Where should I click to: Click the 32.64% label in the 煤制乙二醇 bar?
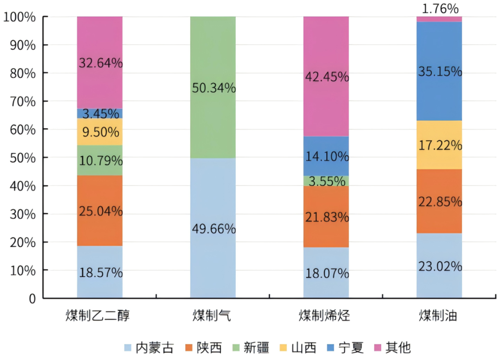tap(100, 63)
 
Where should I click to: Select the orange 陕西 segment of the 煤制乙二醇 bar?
tap(100, 210)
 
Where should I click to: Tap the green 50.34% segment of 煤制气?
tap(213, 87)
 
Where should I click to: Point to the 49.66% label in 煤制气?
tap(213, 229)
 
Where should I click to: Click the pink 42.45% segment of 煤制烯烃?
tap(326, 77)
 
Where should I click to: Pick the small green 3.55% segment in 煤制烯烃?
tap(326, 181)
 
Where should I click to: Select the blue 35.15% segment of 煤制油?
tap(439, 72)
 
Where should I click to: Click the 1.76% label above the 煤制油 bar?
tap(439, 8)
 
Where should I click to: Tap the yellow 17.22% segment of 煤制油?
tap(439, 145)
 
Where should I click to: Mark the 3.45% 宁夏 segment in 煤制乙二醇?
tap(100, 113)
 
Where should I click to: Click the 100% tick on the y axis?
tap(20, 17)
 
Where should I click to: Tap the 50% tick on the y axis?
tap(22, 158)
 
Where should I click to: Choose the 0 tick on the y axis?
tap(32, 299)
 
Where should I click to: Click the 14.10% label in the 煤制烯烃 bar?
tap(326, 156)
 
